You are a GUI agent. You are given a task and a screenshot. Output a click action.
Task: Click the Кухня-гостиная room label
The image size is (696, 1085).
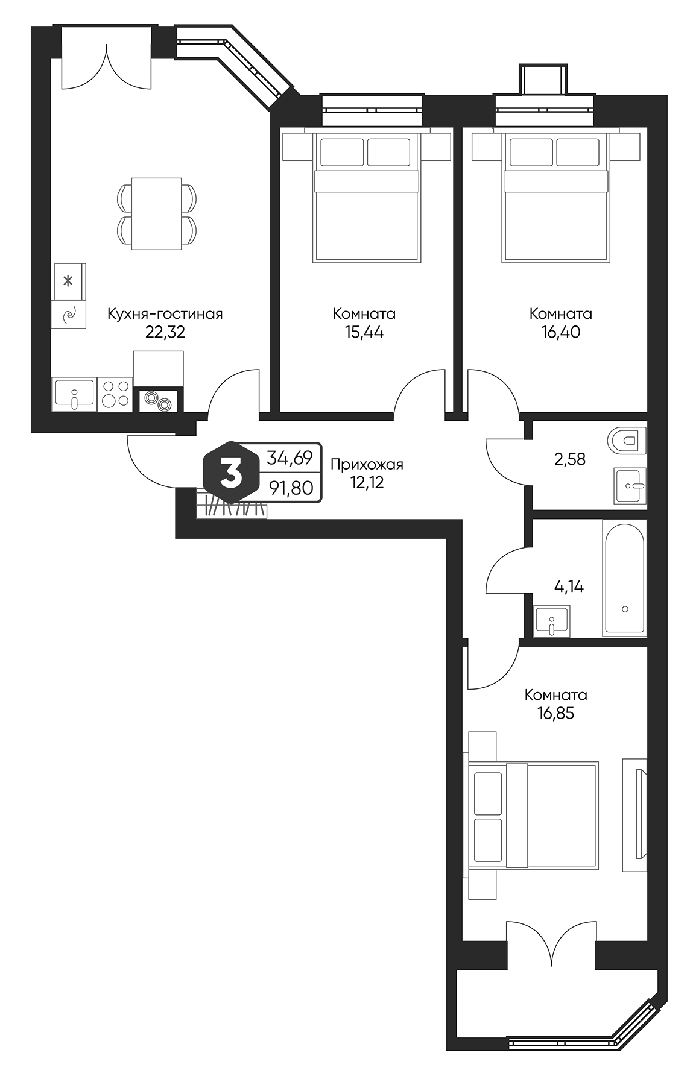[x=165, y=314]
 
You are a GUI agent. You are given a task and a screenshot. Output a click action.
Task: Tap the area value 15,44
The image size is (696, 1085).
[x=364, y=332]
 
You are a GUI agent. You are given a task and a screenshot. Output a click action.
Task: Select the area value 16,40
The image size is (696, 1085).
[x=560, y=332]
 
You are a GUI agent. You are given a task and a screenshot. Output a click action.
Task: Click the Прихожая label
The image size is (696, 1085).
[x=367, y=464]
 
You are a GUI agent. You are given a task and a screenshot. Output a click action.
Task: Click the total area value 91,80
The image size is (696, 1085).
[x=291, y=488]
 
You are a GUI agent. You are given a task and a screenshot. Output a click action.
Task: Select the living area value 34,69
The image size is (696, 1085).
[x=290, y=459]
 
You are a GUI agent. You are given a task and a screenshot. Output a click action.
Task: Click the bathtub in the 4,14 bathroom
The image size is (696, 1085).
[x=624, y=579]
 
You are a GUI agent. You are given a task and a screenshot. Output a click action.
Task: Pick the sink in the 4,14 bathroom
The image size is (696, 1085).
[x=551, y=621]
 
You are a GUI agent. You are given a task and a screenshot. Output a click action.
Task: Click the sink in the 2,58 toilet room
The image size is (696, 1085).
[x=630, y=485]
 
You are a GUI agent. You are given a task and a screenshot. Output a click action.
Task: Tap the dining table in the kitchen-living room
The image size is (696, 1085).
[x=157, y=214]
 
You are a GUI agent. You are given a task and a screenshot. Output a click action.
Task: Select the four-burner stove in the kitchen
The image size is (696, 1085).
[x=115, y=394]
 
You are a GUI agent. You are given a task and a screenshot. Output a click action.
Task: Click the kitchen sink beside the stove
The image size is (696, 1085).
[x=74, y=394]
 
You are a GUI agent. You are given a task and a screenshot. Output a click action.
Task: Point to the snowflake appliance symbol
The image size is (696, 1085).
[x=69, y=281]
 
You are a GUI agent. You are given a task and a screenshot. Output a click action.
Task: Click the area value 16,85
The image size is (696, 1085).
[x=555, y=714]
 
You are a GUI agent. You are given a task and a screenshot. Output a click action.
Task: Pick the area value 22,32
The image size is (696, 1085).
[x=165, y=332]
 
